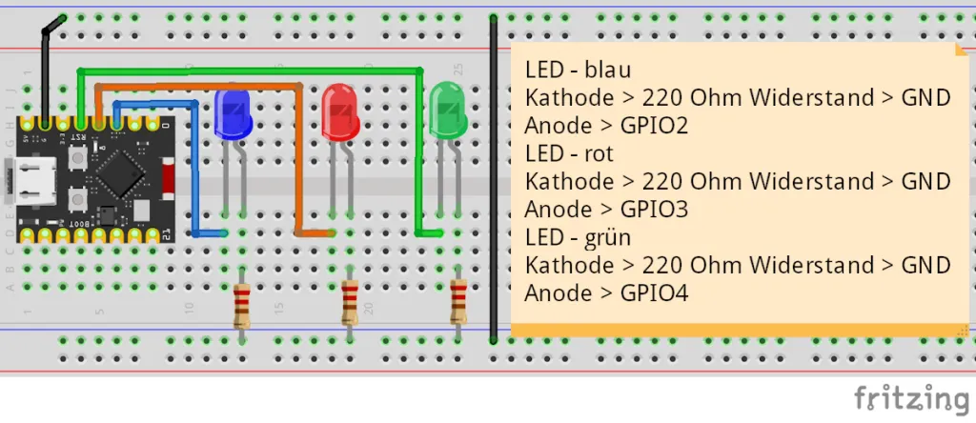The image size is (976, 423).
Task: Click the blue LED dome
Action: [x=233, y=112]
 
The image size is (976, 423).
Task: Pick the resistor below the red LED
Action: [x=351, y=304]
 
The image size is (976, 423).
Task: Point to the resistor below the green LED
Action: [x=458, y=301]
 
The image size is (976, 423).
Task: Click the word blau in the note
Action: [x=608, y=70]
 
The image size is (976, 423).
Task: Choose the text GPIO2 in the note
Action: [x=654, y=125]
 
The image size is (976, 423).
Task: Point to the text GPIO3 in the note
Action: [x=654, y=209]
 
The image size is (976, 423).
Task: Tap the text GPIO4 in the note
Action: [x=654, y=292]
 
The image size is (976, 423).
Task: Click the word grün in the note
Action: [x=608, y=236]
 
